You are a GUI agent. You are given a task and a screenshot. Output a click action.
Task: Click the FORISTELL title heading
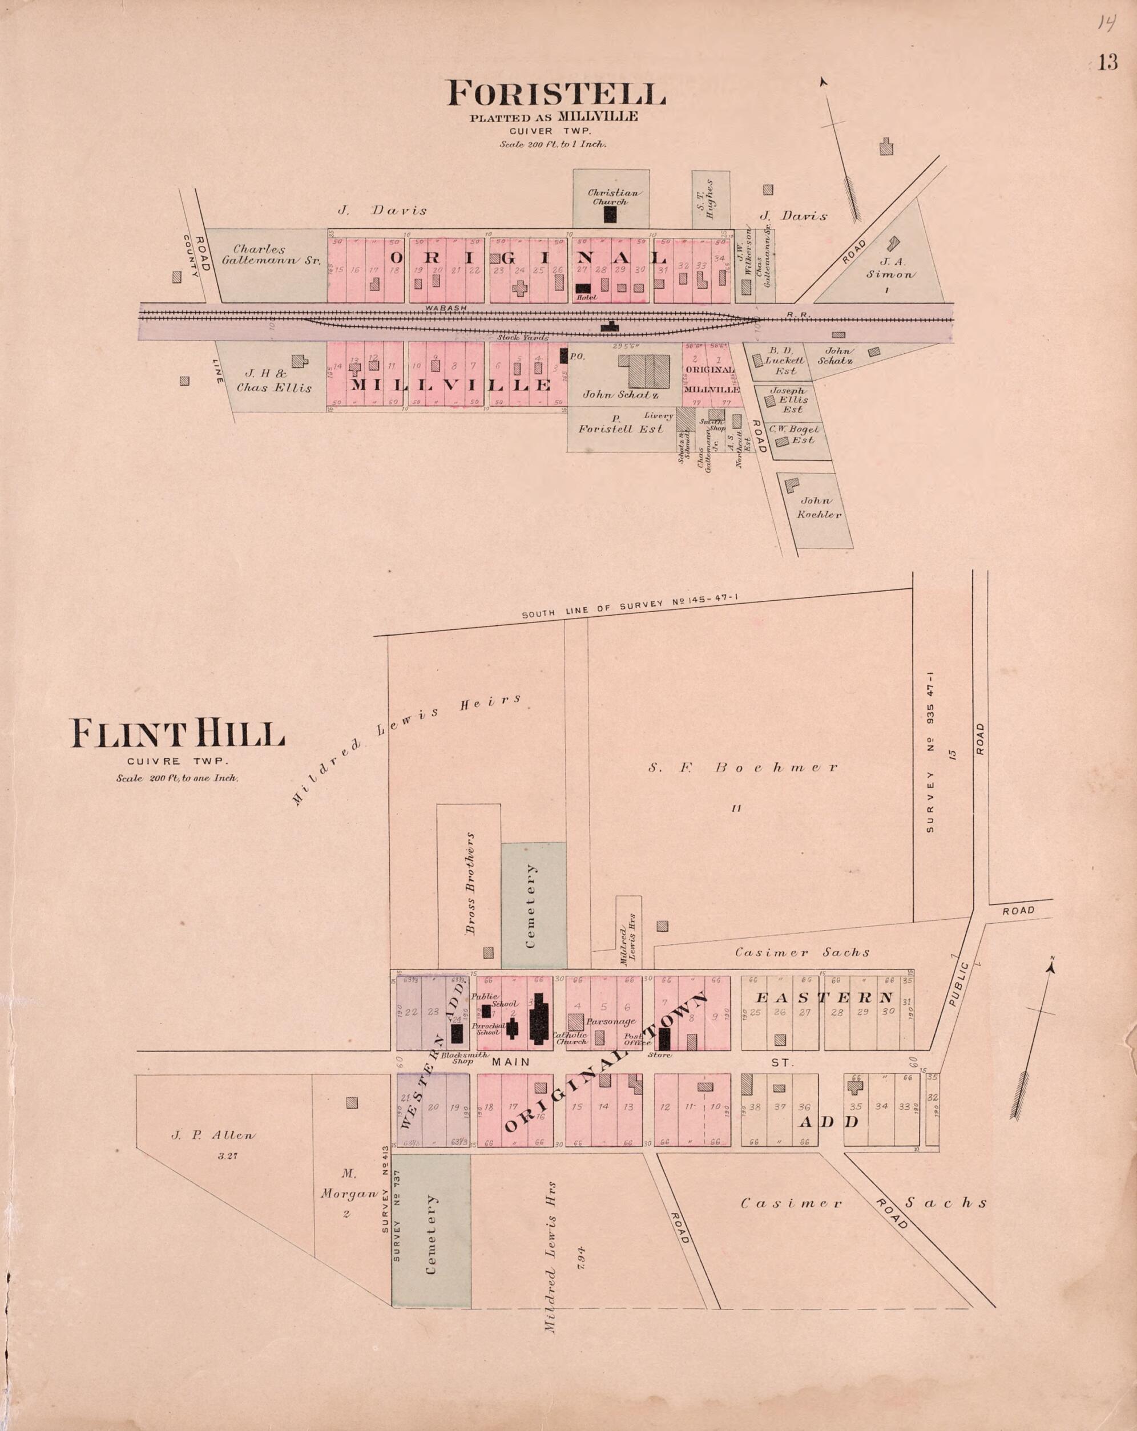click(556, 94)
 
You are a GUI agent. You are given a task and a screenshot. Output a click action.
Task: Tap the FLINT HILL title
click(178, 734)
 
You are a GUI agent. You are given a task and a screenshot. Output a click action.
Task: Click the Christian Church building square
click(610, 214)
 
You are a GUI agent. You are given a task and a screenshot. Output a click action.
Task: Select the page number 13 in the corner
click(1107, 62)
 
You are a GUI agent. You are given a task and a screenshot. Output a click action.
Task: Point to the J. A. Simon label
click(890, 268)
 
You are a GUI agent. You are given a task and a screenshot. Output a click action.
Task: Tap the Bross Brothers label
click(470, 883)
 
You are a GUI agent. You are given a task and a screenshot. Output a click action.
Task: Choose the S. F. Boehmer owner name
click(743, 768)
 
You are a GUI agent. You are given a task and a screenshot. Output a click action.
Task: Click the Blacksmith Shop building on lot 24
click(457, 1033)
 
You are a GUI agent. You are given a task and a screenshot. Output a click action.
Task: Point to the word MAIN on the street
click(511, 1062)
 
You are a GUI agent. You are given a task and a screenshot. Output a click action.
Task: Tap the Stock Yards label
click(523, 338)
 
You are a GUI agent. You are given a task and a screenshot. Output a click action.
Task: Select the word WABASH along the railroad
click(446, 308)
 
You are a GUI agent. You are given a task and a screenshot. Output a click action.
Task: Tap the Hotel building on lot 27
click(583, 288)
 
